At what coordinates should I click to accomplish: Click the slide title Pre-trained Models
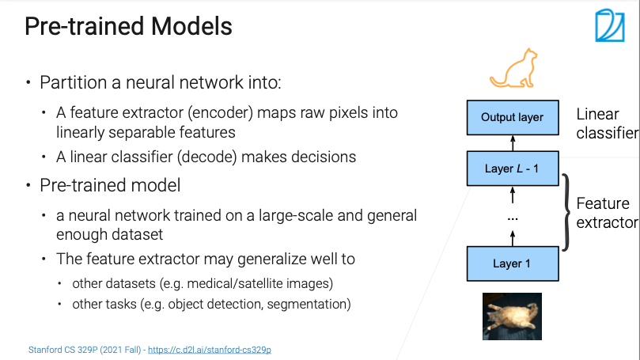pyautogui.click(x=128, y=27)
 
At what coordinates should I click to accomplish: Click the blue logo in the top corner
pyautogui.click(x=609, y=25)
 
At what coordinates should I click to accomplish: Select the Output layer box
pyautogui.click(x=512, y=118)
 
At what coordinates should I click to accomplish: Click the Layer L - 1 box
pyautogui.click(x=512, y=169)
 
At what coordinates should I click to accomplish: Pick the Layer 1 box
pyautogui.click(x=512, y=263)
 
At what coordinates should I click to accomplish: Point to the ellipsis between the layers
pyautogui.click(x=512, y=216)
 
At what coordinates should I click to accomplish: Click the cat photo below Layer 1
pyautogui.click(x=512, y=316)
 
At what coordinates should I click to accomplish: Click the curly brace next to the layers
pyautogui.click(x=566, y=211)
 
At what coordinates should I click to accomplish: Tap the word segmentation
pyautogui.click(x=314, y=303)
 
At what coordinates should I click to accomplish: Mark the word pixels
pyautogui.click(x=363, y=114)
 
